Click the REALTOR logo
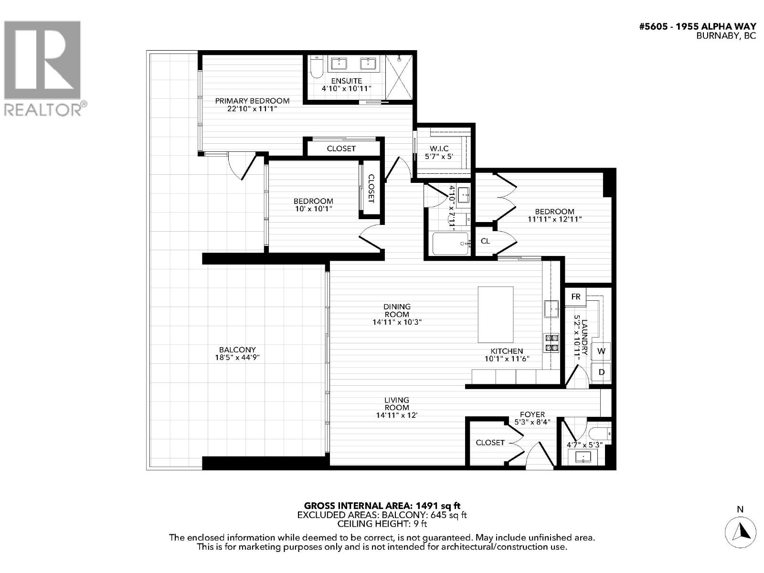[43, 67]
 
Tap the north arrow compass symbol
[741, 531]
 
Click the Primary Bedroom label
[252, 101]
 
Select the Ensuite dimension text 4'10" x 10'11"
[346, 89]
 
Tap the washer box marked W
[601, 351]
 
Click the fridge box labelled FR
[576, 297]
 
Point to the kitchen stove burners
[552, 343]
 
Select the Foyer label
[532, 414]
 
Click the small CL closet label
[485, 241]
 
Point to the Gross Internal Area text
[382, 506]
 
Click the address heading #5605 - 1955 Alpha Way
[697, 27]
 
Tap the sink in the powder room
[583, 457]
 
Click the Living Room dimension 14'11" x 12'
[397, 415]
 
